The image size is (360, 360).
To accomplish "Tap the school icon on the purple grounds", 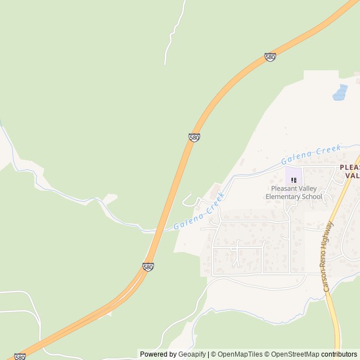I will click(x=294, y=180).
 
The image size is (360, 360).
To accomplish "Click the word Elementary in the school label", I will click(x=286, y=197).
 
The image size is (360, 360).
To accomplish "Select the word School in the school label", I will click(x=312, y=197).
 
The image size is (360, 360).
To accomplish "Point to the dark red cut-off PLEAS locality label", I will click(x=349, y=168).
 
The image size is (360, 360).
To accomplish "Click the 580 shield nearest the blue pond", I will click(x=270, y=57).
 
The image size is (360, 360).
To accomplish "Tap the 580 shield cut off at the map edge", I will click(x=20, y=357).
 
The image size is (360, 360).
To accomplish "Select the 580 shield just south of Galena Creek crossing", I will click(x=148, y=267).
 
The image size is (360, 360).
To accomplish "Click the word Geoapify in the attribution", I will click(x=192, y=354).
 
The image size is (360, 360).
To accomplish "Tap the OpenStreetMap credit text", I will click(x=294, y=354).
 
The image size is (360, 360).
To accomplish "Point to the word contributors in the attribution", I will click(x=339, y=354).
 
